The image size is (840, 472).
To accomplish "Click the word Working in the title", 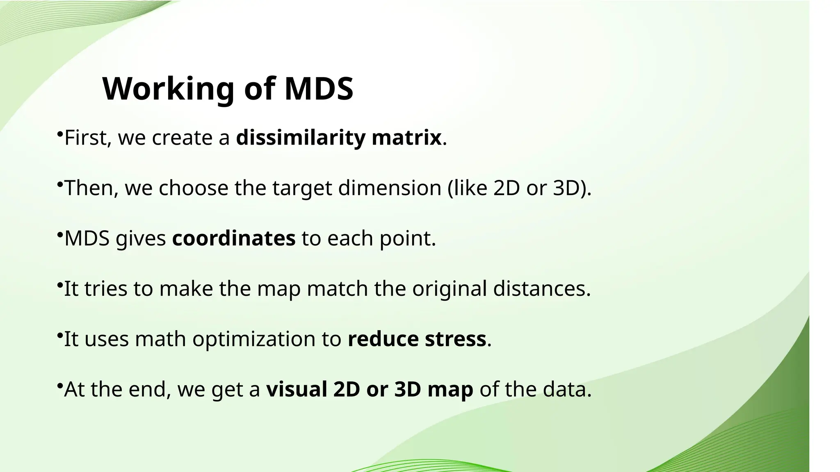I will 168,89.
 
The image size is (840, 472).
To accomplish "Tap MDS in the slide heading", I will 319,89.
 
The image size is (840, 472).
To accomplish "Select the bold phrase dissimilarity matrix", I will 338,138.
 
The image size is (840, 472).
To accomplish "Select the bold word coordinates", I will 233,238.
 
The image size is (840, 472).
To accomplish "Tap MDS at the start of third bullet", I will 87,238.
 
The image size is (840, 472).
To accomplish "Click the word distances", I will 541,288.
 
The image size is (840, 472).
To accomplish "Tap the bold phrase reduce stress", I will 417,339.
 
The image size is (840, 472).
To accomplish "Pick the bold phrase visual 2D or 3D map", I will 370,389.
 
